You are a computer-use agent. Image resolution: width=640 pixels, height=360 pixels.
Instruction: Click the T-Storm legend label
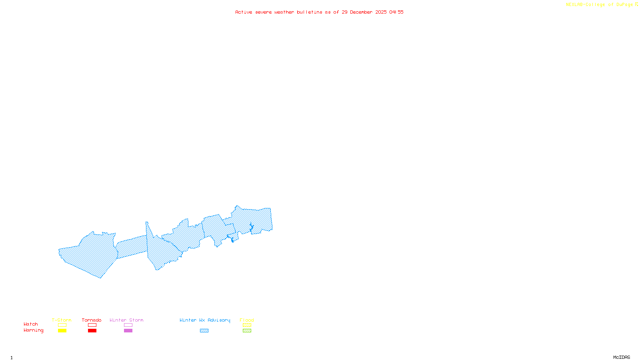tap(62, 320)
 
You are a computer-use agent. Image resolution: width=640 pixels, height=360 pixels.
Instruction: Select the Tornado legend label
tap(92, 320)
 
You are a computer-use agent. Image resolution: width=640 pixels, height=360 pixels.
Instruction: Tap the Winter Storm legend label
tap(126, 320)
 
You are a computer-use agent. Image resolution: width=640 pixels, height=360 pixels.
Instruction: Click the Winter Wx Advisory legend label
tap(205, 320)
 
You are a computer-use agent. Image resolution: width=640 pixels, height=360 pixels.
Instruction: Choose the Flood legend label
tap(247, 320)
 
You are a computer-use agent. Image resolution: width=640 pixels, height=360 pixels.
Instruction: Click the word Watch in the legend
tap(31, 324)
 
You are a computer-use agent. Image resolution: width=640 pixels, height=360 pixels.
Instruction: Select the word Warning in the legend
tap(33, 330)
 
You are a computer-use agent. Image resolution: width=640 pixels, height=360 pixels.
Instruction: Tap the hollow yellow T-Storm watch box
tap(62, 325)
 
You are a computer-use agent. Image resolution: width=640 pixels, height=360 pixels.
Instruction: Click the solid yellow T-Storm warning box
tap(62, 331)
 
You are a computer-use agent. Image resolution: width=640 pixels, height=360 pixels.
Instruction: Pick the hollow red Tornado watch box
tap(92, 325)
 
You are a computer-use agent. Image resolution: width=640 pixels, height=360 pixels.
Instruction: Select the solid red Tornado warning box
tap(92, 331)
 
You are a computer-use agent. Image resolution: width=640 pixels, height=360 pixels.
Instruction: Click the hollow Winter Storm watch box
tap(128, 325)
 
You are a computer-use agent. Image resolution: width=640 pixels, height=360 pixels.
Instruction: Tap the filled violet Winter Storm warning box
tap(128, 331)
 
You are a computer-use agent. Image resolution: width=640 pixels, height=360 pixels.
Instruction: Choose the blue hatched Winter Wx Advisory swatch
tap(204, 331)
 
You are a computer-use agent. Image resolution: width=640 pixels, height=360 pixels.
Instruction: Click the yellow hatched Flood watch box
tap(247, 325)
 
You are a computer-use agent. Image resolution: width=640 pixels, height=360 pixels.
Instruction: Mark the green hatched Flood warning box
tap(247, 331)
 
